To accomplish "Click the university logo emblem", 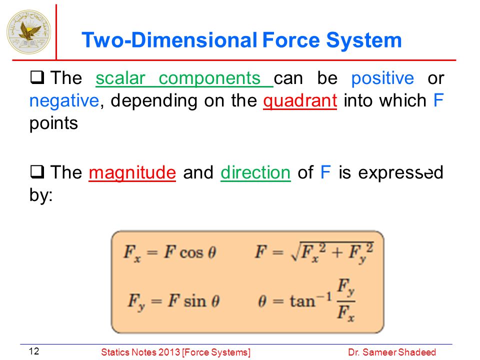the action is pos(29,32).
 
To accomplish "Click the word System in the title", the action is pos(363,40).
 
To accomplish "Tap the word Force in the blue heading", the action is pos(291,40).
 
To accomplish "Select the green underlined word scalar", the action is pos(120,78).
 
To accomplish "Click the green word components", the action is pos(209,79).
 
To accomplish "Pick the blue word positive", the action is pos(382,79).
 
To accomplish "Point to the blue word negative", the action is pos(64,101).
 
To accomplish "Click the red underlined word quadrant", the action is pos(300,101).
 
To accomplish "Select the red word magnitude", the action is pos(132,173).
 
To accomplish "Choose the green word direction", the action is pos(255,172).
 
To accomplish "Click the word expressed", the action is pos(400,173).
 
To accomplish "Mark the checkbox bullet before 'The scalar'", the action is pos(37,77).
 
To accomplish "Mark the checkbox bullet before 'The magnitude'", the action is pos(37,171).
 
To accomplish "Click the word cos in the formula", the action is pos(191,253).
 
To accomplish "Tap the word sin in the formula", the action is pos(195,301).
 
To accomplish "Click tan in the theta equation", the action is pos(302,301).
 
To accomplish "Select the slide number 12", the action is pos(34,351).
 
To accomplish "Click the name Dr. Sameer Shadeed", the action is pos(392,352).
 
